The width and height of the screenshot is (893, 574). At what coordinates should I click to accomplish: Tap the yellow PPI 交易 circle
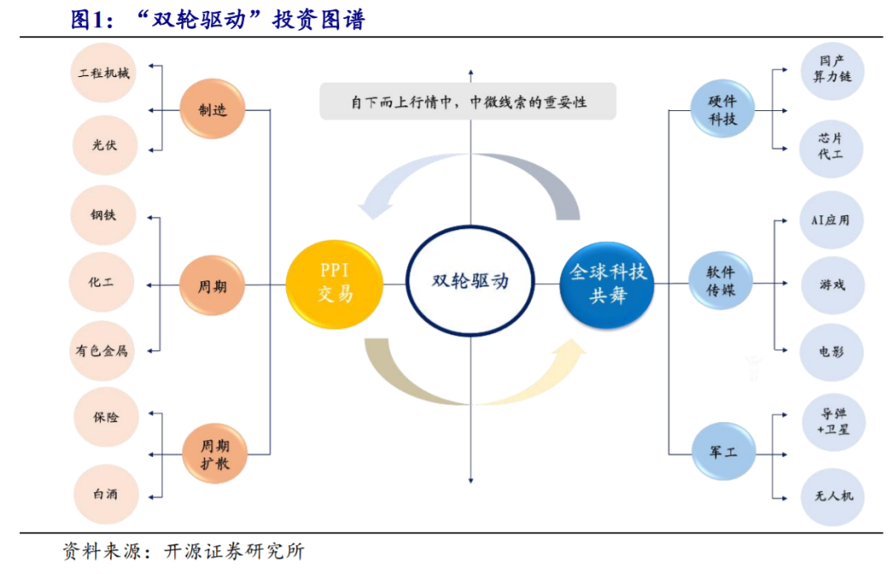pos(335,283)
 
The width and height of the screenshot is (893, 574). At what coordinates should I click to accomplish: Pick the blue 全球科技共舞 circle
pos(607,284)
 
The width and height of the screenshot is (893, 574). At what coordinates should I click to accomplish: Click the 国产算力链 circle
pos(831,69)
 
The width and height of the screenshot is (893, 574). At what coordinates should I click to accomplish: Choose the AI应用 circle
pos(831,219)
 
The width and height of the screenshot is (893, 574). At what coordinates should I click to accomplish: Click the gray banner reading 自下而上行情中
pos(468,102)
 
